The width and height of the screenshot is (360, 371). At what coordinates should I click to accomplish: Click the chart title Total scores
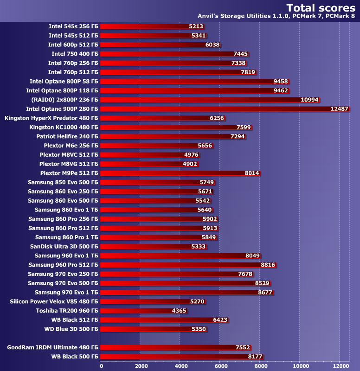[x=321, y=7]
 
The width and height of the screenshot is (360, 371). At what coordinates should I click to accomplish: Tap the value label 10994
[x=310, y=100]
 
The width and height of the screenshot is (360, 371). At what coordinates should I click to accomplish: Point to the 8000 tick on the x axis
[x=260, y=365]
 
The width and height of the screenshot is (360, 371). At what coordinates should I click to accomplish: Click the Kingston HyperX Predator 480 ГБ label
[x=51, y=118]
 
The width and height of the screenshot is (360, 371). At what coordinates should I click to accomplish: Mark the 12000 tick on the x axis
[x=339, y=365]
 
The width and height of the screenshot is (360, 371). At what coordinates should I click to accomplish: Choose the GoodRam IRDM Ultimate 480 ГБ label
[x=52, y=347]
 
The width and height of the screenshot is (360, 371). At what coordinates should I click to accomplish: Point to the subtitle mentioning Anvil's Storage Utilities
[x=276, y=16]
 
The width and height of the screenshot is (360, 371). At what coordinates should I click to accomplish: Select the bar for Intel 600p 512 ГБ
[x=161, y=45]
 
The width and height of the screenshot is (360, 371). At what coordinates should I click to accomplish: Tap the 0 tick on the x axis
[x=102, y=365]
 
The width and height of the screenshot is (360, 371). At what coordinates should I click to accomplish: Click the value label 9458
[x=281, y=81]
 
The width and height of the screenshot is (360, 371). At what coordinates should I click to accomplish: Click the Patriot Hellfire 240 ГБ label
[x=67, y=136]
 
